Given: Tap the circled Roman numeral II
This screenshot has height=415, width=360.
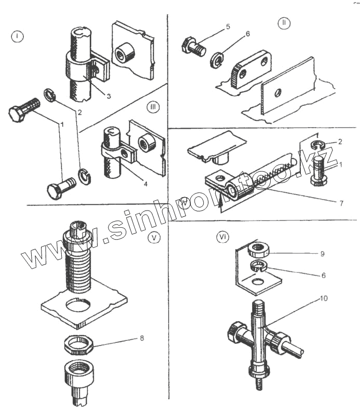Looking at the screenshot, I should (284, 23).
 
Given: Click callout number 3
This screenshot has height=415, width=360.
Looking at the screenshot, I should (109, 96).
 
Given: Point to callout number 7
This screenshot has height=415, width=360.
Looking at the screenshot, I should (341, 203).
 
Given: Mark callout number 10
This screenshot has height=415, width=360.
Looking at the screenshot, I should (324, 299).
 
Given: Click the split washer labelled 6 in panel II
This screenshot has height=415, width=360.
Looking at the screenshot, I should (217, 59).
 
